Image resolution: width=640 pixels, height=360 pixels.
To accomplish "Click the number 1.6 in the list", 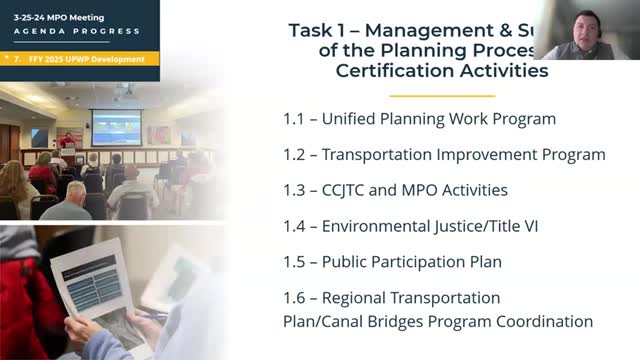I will click(295, 298).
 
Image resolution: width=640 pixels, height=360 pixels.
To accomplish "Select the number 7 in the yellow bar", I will click(17, 59).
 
